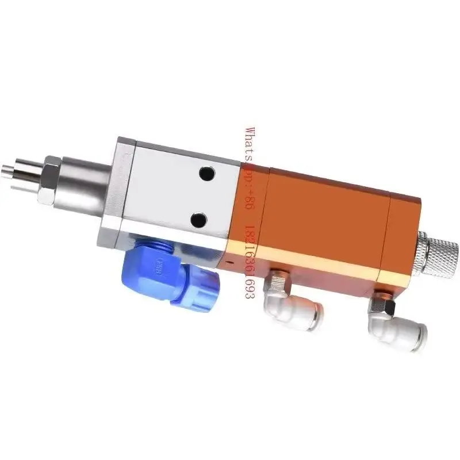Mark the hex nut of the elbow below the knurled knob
pyautogui.click(x=379, y=301)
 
